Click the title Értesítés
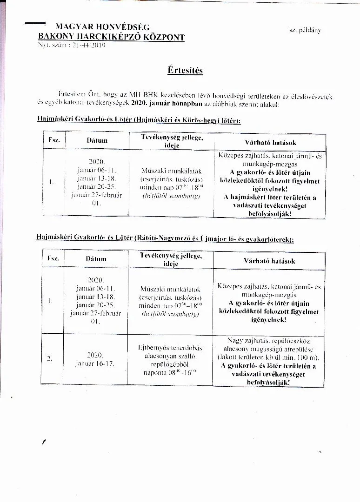pyautogui.click(x=185, y=71)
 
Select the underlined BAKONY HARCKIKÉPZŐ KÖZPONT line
pyautogui.click(x=111, y=37)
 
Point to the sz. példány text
pyautogui.click(x=305, y=30)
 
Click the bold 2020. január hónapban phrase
pyautogui.click(x=163, y=105)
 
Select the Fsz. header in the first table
pyautogui.click(x=53, y=140)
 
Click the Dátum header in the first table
pyautogui.click(x=97, y=140)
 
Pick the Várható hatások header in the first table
pyautogui.click(x=270, y=142)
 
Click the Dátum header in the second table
pyautogui.click(x=96, y=259)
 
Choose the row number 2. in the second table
pyautogui.click(x=49, y=358)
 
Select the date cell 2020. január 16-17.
pyautogui.click(x=95, y=359)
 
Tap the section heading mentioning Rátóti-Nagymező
pyautogui.click(x=165, y=238)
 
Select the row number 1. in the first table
pyautogui.click(x=51, y=182)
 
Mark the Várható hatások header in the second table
pyautogui.click(x=269, y=261)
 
